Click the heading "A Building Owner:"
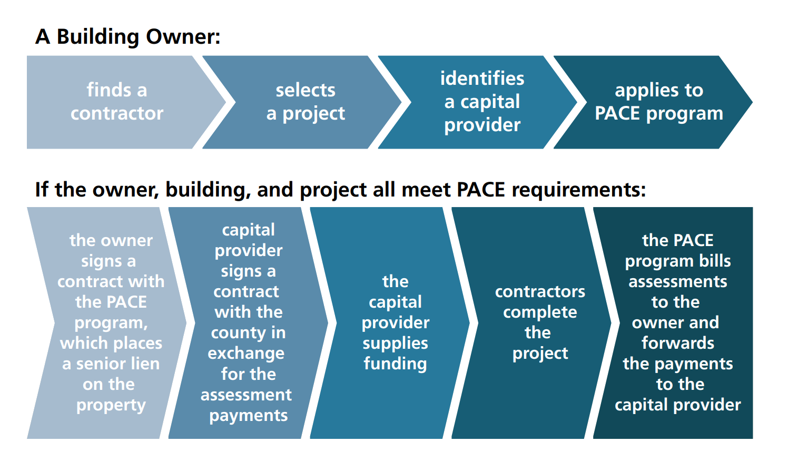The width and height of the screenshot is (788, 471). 127,36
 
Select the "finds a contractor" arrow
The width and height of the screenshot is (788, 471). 120,102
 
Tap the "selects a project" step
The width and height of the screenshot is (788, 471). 302,102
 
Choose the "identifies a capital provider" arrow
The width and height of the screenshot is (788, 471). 478,102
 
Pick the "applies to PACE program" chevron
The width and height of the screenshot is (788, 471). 654,102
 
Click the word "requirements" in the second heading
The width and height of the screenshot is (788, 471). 579,190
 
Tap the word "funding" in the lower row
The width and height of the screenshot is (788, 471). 396,364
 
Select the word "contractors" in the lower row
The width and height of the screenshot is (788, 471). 540,291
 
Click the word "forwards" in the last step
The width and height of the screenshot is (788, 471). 678,343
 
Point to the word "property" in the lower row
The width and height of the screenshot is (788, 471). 111,406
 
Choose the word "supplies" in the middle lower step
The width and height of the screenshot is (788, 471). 396,344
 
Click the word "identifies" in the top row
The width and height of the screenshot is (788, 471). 482,78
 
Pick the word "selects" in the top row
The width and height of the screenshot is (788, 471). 306,90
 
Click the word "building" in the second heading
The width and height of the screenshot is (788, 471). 208,190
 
